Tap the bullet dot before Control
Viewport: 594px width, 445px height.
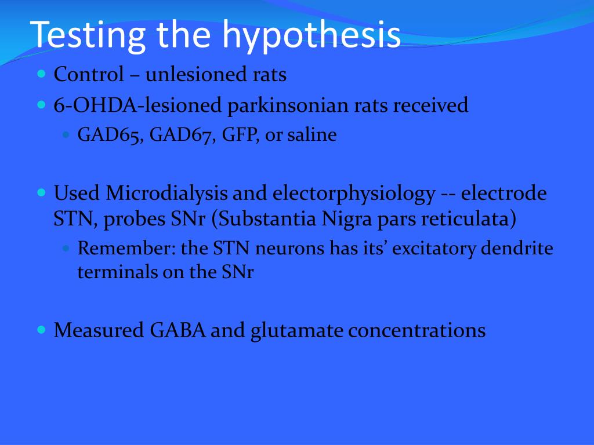41,74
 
